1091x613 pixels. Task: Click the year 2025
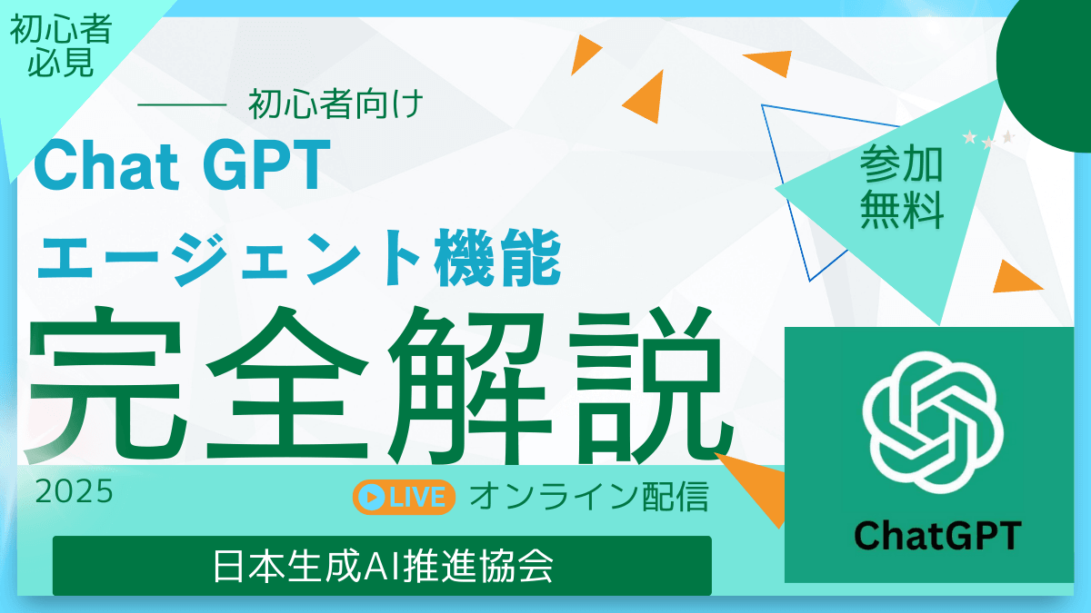pyautogui.click(x=74, y=492)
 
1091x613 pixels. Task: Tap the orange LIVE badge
pyautogui.click(x=404, y=497)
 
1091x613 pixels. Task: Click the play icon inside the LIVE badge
pyautogui.click(x=371, y=497)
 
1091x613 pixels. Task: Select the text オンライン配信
pyautogui.click(x=588, y=497)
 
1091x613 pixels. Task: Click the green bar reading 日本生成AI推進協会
pyautogui.click(x=382, y=566)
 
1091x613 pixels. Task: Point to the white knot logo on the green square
pyautogui.click(x=934, y=419)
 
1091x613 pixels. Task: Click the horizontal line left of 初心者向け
pyautogui.click(x=181, y=107)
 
